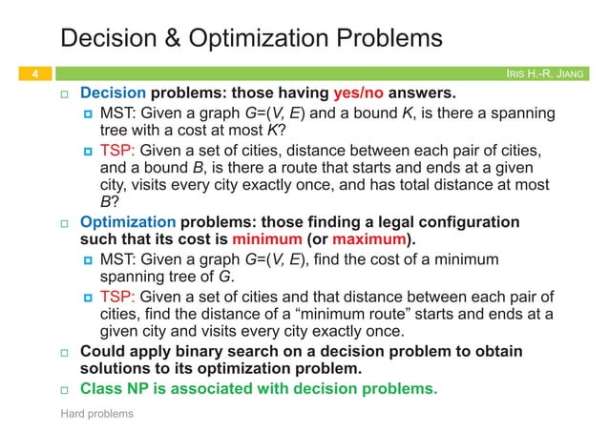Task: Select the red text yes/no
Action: [x=361, y=94]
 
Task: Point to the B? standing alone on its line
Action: [x=109, y=202]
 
